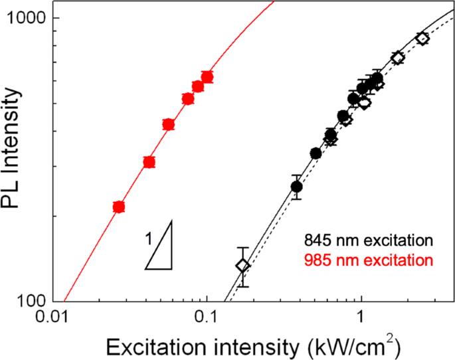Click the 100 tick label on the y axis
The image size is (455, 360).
tap(29, 301)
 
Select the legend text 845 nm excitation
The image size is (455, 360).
tap(369, 239)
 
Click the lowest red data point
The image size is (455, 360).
tap(119, 207)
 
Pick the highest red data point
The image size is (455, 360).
tap(207, 77)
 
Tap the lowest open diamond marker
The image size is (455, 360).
tap(243, 266)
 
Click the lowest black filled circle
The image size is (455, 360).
tap(297, 187)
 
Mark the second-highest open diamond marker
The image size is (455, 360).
tap(398, 58)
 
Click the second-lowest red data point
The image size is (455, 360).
tap(149, 162)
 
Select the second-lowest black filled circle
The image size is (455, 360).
tap(316, 153)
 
